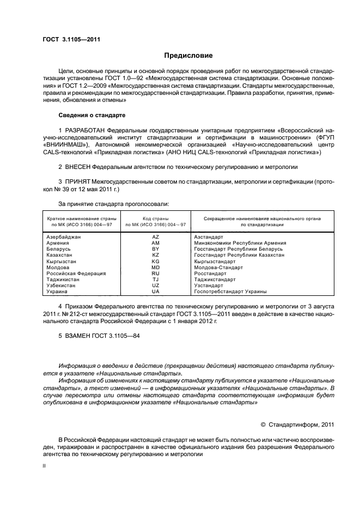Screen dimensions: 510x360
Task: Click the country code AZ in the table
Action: coord(156,238)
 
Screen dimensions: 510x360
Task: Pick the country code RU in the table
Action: coord(156,274)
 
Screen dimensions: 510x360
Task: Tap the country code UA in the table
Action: coord(156,292)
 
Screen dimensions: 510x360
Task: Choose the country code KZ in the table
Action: coord(156,256)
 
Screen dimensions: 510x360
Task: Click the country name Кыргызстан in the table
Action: coord(60,262)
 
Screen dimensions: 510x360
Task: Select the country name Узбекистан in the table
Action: coord(61,286)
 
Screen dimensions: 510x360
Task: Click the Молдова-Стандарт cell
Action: coord(216,268)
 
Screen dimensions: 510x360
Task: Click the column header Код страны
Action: coord(156,218)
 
